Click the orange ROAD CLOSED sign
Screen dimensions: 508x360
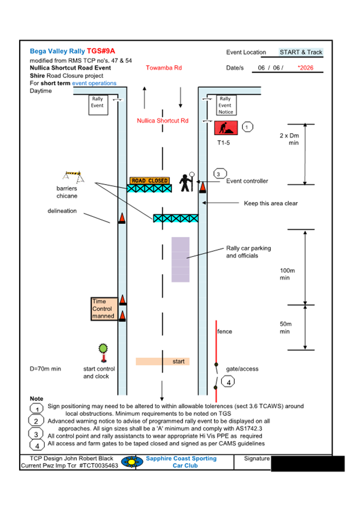(149, 181)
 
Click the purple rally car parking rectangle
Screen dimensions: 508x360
(180, 260)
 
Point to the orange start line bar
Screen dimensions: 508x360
(163, 361)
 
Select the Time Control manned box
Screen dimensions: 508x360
(103, 309)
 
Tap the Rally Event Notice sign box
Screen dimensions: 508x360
(226, 106)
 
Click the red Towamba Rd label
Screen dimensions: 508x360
(163, 68)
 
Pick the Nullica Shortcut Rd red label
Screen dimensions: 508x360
(162, 121)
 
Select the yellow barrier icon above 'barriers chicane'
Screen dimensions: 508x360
(71, 175)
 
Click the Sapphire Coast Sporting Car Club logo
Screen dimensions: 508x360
(132, 462)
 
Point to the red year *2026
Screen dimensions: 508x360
(306, 68)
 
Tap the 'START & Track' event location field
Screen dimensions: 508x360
(301, 52)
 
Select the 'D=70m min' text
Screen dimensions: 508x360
(45, 369)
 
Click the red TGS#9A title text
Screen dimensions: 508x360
(101, 51)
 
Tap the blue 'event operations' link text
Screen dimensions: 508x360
(94, 84)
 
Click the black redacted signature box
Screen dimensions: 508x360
(307, 463)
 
